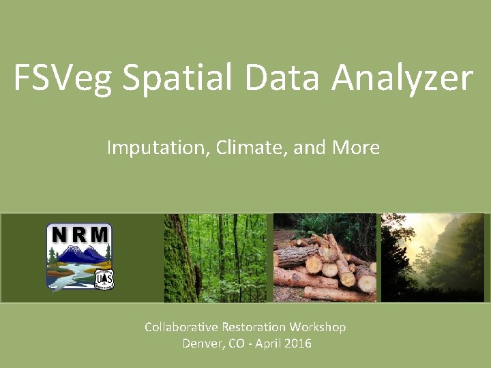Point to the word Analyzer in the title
(402, 78)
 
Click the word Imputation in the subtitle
(158, 147)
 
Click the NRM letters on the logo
(79, 235)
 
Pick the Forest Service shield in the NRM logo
(104, 279)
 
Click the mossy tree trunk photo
(218, 258)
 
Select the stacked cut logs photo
(325, 258)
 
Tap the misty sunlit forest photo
(435, 258)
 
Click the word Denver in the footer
(202, 343)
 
